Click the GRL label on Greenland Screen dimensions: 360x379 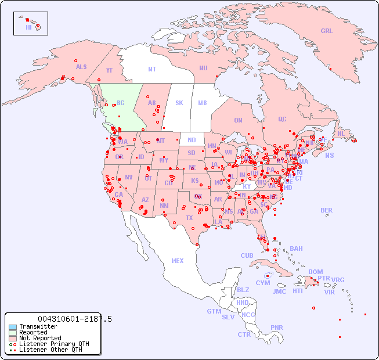coord(327,31)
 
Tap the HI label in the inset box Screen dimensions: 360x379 coord(28,27)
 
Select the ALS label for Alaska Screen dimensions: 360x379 coord(81,67)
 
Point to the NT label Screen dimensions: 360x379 coord(152,69)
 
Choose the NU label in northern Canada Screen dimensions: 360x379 coord(203,68)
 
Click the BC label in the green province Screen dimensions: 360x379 coord(121,103)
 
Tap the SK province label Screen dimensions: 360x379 coord(179,103)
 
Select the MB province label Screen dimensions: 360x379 coord(203,103)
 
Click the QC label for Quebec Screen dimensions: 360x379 coord(282,119)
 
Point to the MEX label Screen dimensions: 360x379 coord(178,261)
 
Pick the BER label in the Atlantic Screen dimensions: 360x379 coord(326,210)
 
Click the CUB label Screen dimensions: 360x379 coord(247,255)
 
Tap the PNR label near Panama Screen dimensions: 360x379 coord(277,327)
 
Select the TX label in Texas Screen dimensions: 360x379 coord(189,218)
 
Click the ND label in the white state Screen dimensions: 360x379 coord(192,140)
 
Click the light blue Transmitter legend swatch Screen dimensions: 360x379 coord(12,326)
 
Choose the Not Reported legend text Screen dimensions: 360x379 coord(39,338)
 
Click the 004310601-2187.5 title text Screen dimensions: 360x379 coord(74,319)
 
